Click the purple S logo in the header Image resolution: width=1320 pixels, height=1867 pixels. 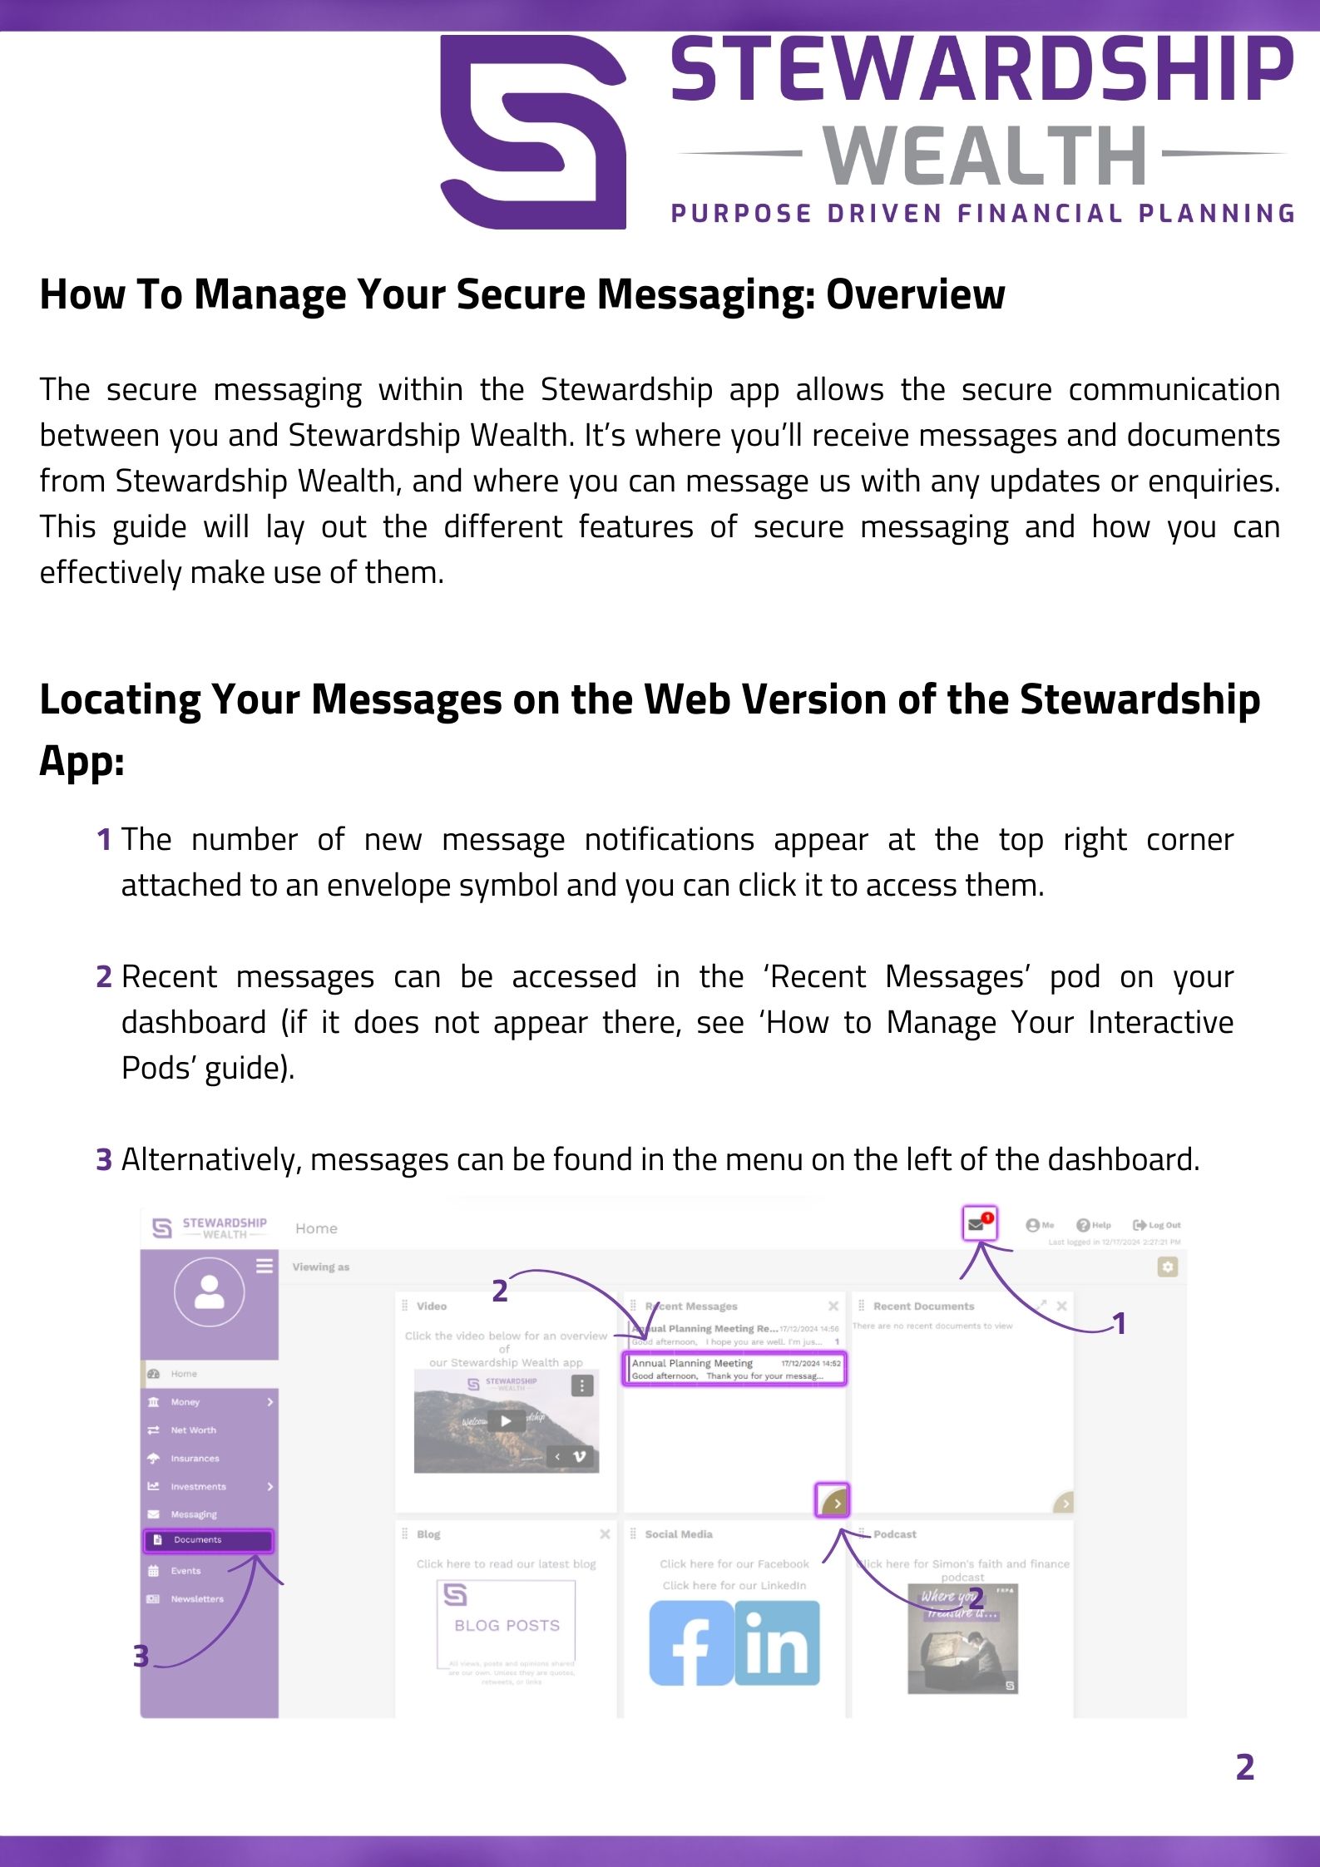coord(533,131)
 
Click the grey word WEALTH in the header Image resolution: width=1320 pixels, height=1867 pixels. coord(986,156)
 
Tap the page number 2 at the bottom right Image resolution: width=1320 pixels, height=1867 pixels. coord(1244,1766)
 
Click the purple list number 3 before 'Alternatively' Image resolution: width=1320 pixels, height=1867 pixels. coord(104,1159)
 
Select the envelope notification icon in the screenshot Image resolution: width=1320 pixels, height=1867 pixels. coord(979,1223)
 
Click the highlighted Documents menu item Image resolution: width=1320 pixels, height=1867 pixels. coord(208,1540)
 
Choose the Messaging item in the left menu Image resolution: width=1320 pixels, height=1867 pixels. coord(193,1514)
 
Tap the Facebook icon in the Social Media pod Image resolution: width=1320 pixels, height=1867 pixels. coord(690,1643)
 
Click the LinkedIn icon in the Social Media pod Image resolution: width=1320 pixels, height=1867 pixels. coord(778,1643)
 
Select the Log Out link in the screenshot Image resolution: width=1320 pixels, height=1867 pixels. coord(1157,1225)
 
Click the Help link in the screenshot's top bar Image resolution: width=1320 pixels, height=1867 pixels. coord(1094,1225)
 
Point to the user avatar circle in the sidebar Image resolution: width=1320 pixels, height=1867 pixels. coord(209,1292)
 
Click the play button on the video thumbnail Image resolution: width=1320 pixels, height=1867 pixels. coord(506,1421)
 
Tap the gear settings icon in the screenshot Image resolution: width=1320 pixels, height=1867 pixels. coord(1168,1267)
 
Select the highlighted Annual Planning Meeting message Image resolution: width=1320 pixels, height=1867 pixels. coord(734,1369)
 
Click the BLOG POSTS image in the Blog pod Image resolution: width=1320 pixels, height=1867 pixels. coord(506,1624)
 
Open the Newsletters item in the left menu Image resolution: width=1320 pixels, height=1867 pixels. coord(196,1598)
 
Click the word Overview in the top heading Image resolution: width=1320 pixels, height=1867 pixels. coord(915,294)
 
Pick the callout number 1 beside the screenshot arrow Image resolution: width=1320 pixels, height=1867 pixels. coord(1120,1323)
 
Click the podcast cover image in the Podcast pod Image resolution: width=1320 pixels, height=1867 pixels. coord(962,1638)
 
